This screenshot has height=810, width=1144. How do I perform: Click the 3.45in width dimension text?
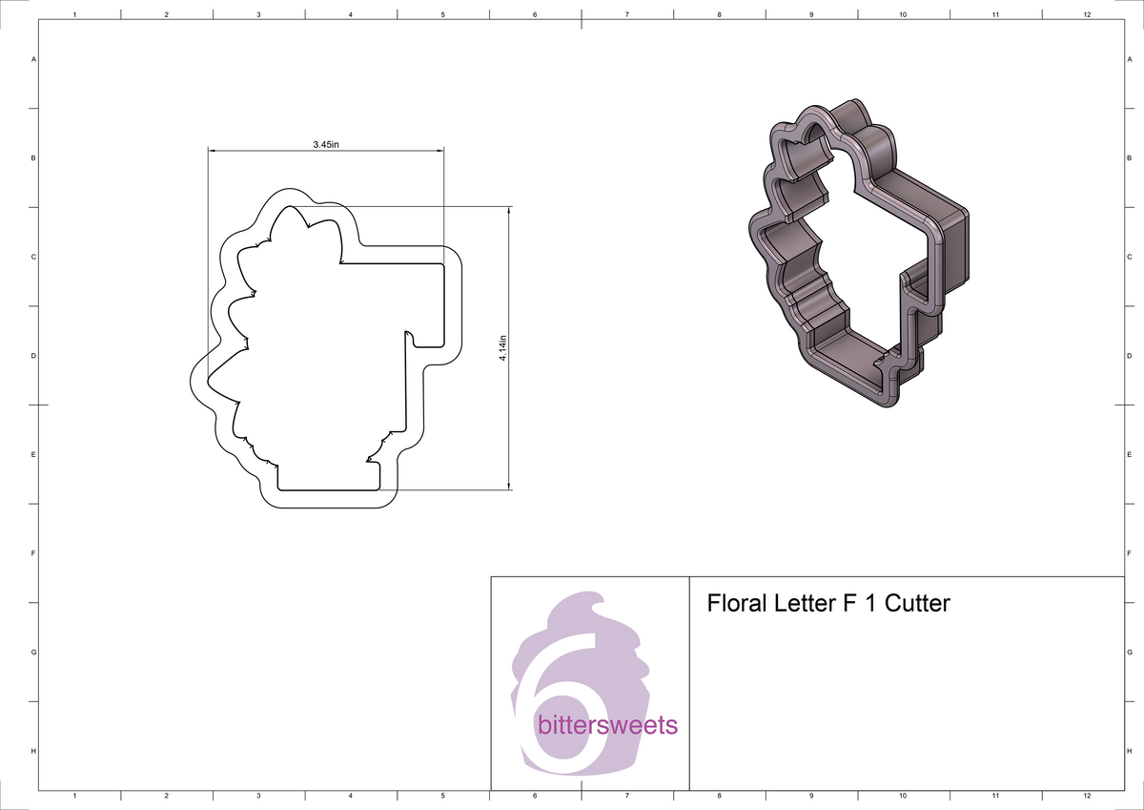click(326, 144)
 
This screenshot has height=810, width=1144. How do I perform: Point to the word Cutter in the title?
click(917, 604)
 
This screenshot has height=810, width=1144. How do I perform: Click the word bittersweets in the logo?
click(607, 725)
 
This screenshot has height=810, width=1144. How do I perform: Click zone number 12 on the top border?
click(1087, 16)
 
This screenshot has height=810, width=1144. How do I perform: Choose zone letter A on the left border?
click(34, 59)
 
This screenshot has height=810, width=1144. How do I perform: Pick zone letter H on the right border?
click(1129, 752)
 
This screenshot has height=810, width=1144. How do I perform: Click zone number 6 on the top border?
click(535, 16)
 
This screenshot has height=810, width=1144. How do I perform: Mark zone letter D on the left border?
click(34, 356)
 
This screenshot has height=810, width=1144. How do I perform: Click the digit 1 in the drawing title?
click(870, 604)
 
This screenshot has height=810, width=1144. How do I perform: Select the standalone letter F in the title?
click(848, 604)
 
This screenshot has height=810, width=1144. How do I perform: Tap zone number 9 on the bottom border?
click(810, 795)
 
